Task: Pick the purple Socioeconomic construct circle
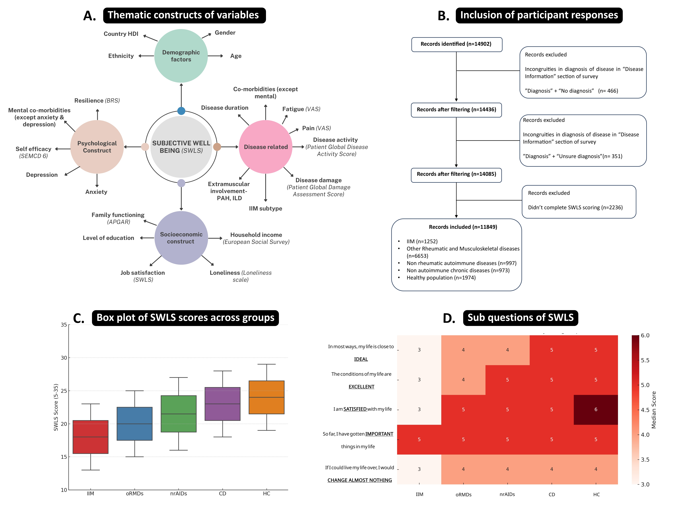click(x=181, y=238)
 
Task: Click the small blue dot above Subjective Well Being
click(x=181, y=111)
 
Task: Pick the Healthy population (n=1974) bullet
click(x=441, y=278)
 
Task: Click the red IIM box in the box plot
click(x=90, y=437)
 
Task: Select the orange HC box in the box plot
click(x=266, y=397)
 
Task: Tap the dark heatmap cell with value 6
click(x=596, y=410)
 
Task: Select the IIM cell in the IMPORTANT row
click(x=419, y=439)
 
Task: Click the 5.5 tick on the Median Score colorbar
click(x=645, y=360)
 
